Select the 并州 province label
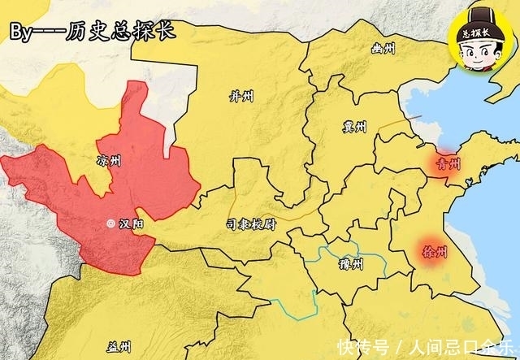[242, 97]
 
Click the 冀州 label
[355, 128]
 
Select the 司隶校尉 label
[251, 224]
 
